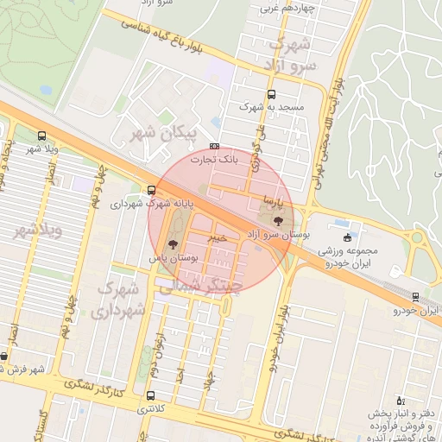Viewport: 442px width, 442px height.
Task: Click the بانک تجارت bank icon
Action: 214,147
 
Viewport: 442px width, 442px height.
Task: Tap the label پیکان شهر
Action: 161,135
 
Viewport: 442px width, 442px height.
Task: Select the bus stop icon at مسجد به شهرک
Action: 272,94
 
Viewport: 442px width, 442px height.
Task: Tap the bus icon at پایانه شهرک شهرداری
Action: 152,191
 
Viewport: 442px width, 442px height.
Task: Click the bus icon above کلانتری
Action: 152,396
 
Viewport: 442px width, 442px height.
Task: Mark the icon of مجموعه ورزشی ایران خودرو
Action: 348,237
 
